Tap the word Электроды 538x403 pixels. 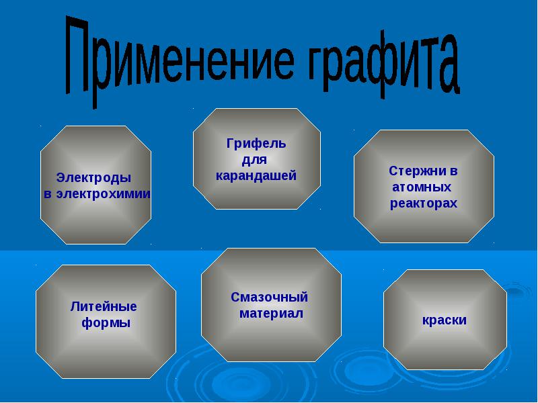(93, 178)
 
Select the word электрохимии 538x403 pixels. (104, 194)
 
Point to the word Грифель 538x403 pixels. (256, 144)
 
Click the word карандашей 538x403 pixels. (256, 176)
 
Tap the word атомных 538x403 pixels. (422, 187)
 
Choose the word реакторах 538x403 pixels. (424, 204)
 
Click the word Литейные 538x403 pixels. (104, 306)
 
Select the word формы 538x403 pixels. (106, 323)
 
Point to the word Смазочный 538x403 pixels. (270, 297)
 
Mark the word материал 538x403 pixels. (271, 314)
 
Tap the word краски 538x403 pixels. (445, 320)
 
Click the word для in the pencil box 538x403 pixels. (254, 160)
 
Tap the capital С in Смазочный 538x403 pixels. (235, 297)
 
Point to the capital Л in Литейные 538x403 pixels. (75, 306)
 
